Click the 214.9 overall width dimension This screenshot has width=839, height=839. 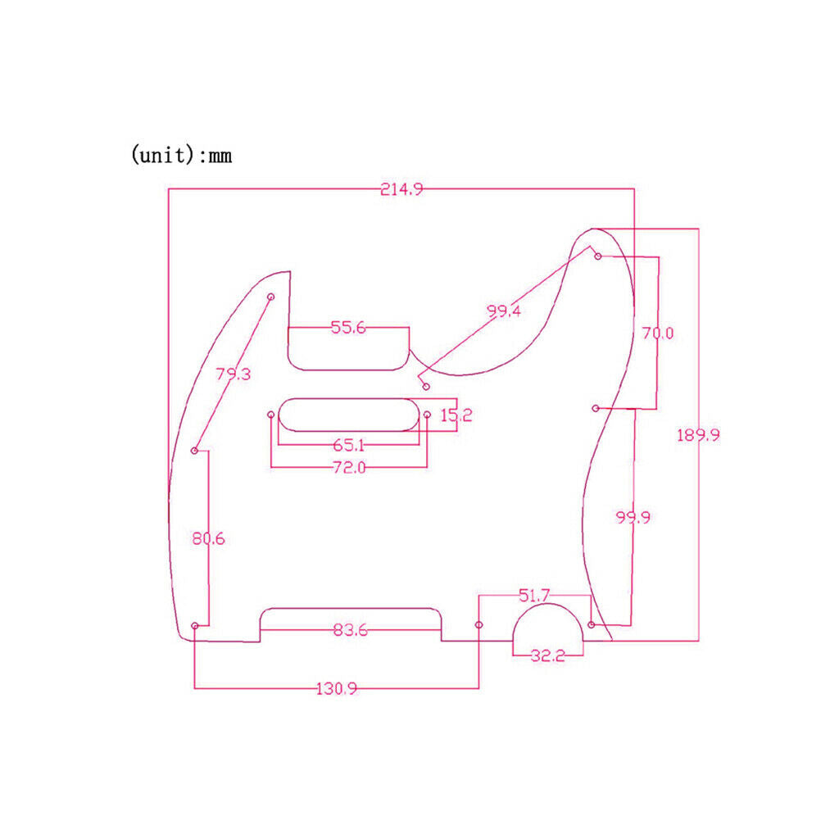401,189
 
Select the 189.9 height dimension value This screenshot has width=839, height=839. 698,435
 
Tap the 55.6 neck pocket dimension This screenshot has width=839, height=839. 348,328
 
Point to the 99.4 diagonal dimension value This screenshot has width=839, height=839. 504,311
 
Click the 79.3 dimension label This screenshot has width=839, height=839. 234,374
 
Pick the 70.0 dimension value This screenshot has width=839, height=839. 658,333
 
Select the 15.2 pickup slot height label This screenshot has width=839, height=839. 456,415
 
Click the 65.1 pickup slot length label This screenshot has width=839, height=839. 349,445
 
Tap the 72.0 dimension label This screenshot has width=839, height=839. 349,468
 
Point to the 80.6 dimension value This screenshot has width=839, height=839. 209,538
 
